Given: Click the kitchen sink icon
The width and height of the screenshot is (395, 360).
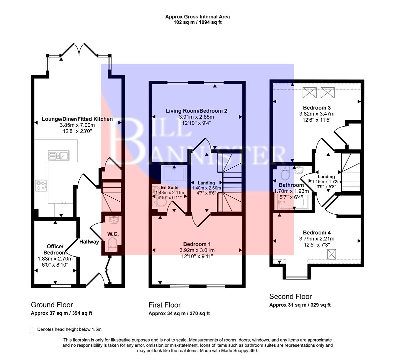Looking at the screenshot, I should click(58, 155).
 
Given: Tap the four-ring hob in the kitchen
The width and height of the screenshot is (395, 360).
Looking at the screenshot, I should click(41, 185).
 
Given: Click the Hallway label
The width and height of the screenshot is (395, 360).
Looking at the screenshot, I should click(89, 242).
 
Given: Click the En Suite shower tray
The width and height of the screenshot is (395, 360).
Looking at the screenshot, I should click(174, 174).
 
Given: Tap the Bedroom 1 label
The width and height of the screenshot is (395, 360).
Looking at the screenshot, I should click(197, 244).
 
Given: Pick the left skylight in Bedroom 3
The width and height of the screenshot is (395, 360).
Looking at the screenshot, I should click(309, 92).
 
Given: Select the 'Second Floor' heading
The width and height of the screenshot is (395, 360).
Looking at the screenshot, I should click(290, 296).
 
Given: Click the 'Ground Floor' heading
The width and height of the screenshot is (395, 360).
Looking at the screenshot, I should click(52, 304).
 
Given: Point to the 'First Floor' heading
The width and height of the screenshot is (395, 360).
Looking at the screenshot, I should click(164, 305).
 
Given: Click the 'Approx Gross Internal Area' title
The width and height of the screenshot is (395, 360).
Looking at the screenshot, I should click(197, 17).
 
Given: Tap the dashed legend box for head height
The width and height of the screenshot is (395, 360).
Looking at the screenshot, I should click(32, 330).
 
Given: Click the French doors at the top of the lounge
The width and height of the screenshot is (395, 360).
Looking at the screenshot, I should click(79, 49).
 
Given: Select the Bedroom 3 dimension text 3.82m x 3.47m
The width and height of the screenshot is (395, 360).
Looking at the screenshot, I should click(317, 114).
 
